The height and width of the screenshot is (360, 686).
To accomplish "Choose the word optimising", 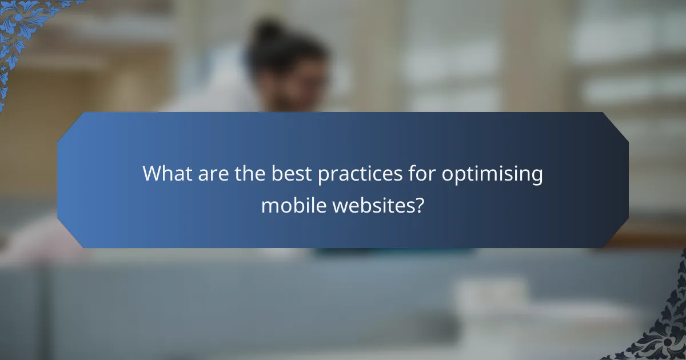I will pyautogui.click(x=492, y=174).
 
